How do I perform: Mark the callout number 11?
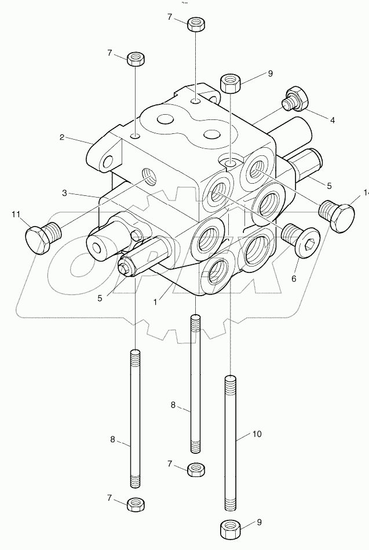coord(14,215)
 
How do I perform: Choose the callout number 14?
coord(365,193)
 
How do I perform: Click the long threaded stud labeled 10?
coord(230,440)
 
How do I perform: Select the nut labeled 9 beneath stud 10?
coord(231,529)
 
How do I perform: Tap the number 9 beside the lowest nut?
coord(260,520)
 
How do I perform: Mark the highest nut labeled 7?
coord(195,24)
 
